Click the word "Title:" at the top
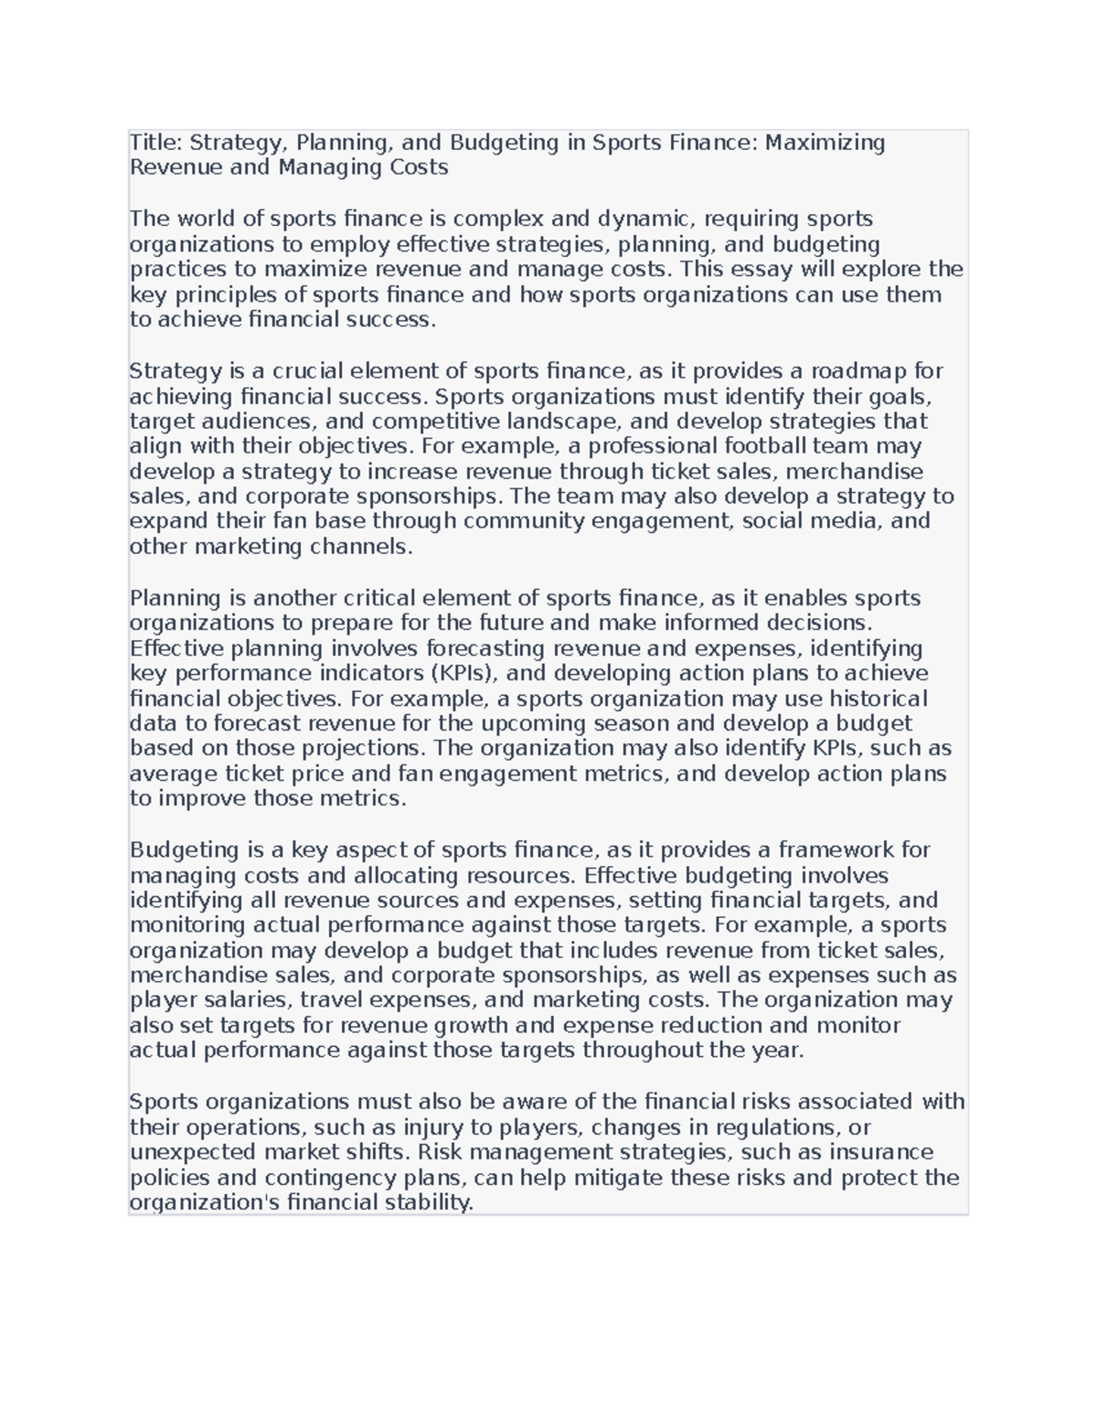tap(155, 143)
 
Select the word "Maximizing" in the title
tap(825, 143)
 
